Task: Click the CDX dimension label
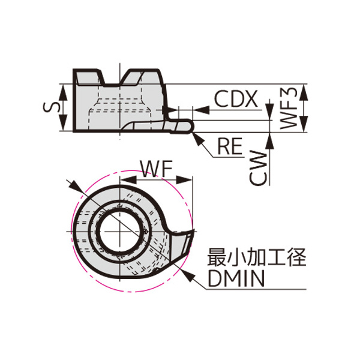pyautogui.click(x=236, y=98)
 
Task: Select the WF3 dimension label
pyautogui.click(x=290, y=107)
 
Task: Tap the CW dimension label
pyautogui.click(x=258, y=167)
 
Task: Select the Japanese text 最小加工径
pyautogui.click(x=256, y=258)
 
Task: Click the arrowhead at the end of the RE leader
pyautogui.click(x=196, y=135)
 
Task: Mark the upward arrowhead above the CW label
pyautogui.click(x=270, y=137)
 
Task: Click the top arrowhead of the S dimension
pyautogui.click(x=64, y=88)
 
